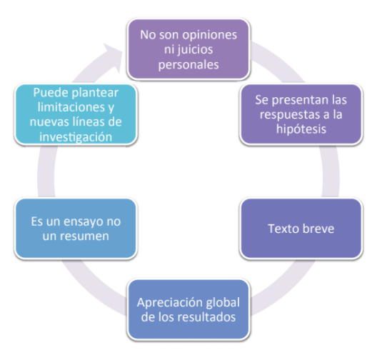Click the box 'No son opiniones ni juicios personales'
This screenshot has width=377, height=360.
(x=188, y=49)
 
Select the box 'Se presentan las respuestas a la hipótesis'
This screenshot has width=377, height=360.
(x=301, y=114)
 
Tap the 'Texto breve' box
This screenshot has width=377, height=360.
(x=301, y=229)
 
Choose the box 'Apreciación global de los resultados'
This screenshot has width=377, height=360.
(x=188, y=309)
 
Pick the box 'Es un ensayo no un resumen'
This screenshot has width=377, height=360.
(x=76, y=229)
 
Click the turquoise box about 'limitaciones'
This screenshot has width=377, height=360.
(x=76, y=114)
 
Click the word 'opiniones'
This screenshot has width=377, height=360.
(x=210, y=35)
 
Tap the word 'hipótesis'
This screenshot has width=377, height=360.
(x=301, y=129)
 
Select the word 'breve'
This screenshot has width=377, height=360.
(x=318, y=229)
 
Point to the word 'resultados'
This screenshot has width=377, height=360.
(x=208, y=317)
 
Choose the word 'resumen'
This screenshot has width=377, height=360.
(x=84, y=236)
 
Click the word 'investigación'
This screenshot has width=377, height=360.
(x=76, y=137)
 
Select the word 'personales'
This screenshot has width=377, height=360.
(x=188, y=65)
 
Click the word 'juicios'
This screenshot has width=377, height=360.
(x=196, y=50)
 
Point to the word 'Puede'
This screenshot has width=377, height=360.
(x=51, y=93)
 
